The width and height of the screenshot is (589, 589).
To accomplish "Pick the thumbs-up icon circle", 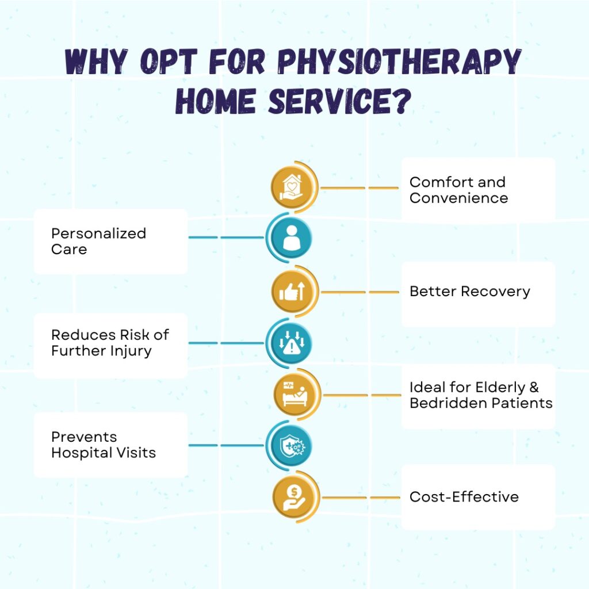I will (x=292, y=292).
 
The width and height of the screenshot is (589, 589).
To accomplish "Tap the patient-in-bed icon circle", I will (x=292, y=395).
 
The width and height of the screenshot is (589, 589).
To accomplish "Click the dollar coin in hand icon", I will (x=292, y=497).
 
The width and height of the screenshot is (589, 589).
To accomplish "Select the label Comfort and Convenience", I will (x=458, y=190).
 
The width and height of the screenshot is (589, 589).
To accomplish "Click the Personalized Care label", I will (x=98, y=241).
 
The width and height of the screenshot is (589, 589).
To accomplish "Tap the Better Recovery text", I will (x=469, y=291).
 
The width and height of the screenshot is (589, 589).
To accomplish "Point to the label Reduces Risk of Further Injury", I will (x=110, y=343).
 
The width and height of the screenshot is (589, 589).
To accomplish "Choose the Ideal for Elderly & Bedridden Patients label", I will (x=480, y=395).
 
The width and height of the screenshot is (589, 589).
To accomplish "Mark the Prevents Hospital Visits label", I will (x=103, y=445).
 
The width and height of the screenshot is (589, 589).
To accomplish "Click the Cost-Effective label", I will (x=464, y=496).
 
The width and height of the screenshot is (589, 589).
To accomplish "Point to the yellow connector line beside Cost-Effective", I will (x=359, y=497).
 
